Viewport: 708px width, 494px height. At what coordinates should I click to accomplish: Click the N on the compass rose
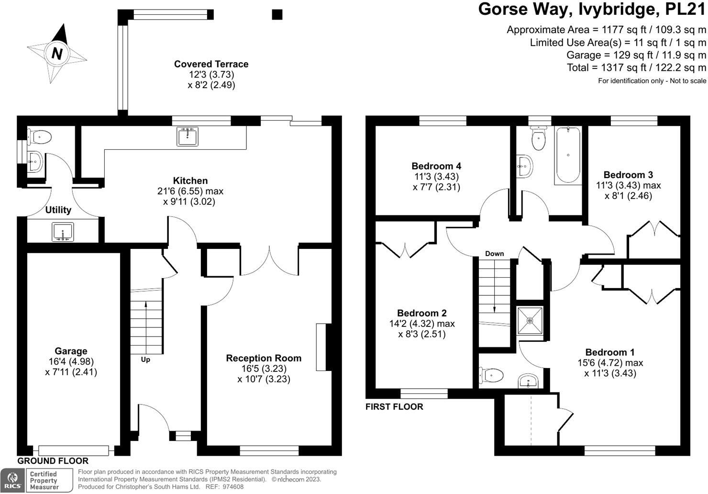[x=57, y=53]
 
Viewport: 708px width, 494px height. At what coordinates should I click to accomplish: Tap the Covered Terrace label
[x=211, y=64]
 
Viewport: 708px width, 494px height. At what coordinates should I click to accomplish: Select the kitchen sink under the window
[x=187, y=136]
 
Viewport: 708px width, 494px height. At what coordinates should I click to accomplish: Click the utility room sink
[x=63, y=232]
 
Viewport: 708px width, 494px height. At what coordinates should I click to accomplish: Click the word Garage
[x=71, y=351]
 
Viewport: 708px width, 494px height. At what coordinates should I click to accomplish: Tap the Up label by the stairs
[x=145, y=359]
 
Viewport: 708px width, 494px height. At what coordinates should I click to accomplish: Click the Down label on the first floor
[x=494, y=254]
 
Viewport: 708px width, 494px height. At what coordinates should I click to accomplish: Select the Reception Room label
[x=264, y=358]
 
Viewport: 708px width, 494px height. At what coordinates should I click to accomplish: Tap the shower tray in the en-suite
[x=530, y=320]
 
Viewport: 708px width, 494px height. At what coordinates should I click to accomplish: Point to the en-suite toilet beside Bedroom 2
[x=491, y=375]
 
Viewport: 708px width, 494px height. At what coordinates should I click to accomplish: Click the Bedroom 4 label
[x=436, y=166]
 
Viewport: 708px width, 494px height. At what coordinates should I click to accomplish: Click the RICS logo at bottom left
[x=12, y=481]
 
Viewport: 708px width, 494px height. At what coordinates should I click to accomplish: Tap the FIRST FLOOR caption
[x=394, y=407]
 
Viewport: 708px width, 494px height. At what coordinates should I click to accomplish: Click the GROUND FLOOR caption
[x=53, y=461]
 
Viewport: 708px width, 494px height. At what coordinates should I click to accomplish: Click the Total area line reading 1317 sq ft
[x=636, y=67]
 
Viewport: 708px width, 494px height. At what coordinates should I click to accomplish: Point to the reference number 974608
[x=233, y=487]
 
